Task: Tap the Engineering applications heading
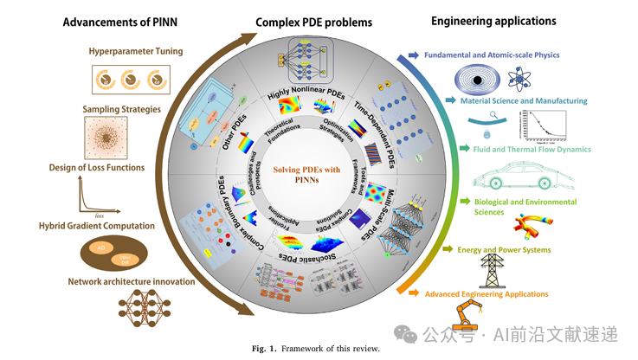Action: (x=493, y=20)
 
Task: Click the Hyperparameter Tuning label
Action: (x=136, y=51)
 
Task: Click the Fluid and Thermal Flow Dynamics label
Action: (x=519, y=149)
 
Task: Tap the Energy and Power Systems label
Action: (x=504, y=250)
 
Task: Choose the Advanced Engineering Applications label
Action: (x=486, y=294)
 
